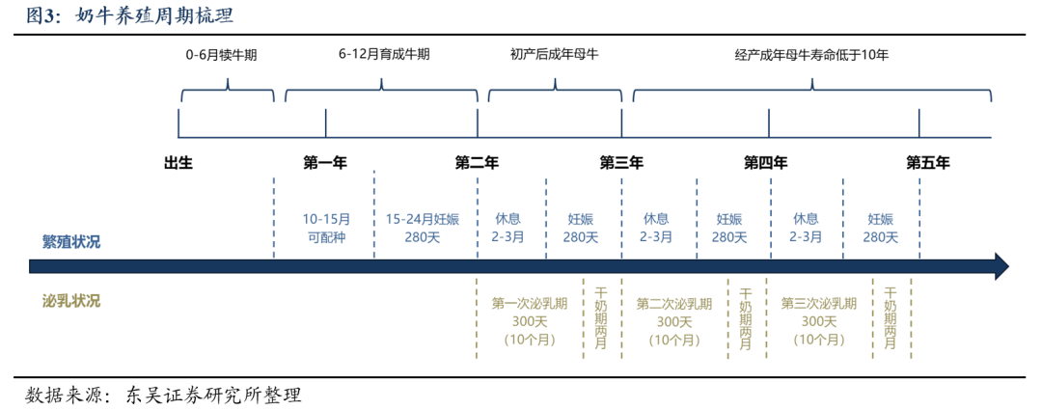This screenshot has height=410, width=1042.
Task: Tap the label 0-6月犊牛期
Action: (221, 56)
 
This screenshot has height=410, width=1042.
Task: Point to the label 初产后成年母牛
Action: (555, 55)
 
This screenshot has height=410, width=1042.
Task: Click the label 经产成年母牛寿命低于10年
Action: (811, 56)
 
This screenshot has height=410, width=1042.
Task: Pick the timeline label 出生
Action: (178, 162)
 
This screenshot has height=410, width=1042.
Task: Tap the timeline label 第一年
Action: (325, 162)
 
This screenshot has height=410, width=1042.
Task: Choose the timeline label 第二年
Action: (477, 162)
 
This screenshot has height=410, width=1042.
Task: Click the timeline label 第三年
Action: (621, 162)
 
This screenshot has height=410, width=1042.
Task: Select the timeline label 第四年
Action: (765, 162)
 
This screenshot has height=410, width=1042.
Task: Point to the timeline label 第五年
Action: (928, 162)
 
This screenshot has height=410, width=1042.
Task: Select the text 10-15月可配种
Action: (326, 228)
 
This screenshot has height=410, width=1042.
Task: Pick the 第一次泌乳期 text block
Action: (529, 321)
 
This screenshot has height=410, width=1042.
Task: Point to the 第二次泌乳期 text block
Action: (673, 321)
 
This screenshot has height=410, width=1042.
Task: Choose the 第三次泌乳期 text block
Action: (819, 321)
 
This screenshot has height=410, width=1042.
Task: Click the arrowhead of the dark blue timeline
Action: (1001, 266)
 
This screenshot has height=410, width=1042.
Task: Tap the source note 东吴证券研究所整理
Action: (213, 396)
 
